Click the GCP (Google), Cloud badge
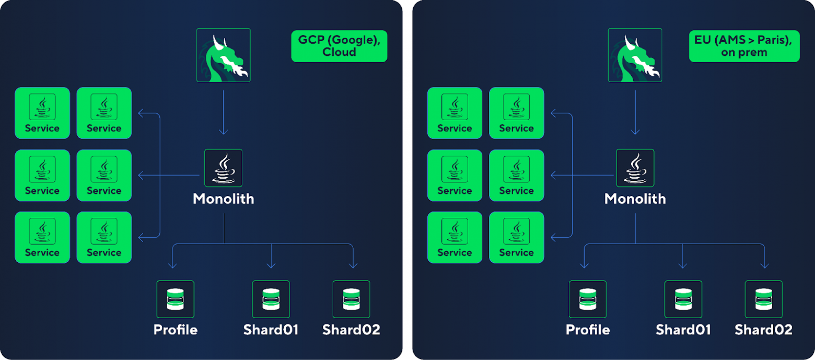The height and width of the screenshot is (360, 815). (x=339, y=46)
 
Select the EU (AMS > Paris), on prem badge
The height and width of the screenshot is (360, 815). (x=744, y=46)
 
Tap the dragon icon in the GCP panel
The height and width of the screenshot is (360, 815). (x=224, y=55)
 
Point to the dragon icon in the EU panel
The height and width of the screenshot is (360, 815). (x=635, y=55)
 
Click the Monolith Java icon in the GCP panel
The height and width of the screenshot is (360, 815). (x=224, y=168)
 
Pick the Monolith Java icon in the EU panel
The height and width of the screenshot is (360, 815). (x=635, y=168)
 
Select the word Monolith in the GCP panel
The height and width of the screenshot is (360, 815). (x=224, y=199)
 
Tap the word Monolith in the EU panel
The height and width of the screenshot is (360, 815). (x=635, y=199)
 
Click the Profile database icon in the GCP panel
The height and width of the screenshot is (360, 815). (x=176, y=299)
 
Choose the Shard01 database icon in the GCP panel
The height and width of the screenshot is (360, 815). (x=271, y=299)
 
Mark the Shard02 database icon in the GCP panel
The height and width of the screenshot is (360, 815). (x=352, y=299)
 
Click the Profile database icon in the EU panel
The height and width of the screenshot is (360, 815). (x=588, y=299)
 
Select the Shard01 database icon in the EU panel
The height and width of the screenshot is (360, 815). (x=683, y=299)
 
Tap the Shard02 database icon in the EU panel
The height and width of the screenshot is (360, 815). (x=764, y=299)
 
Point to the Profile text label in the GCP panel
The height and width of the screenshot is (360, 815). (x=176, y=330)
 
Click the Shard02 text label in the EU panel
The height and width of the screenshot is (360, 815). (x=763, y=330)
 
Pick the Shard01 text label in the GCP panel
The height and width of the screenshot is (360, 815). (x=271, y=330)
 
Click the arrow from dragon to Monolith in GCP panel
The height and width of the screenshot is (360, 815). (x=224, y=112)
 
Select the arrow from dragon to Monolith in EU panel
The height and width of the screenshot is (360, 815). (x=635, y=112)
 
